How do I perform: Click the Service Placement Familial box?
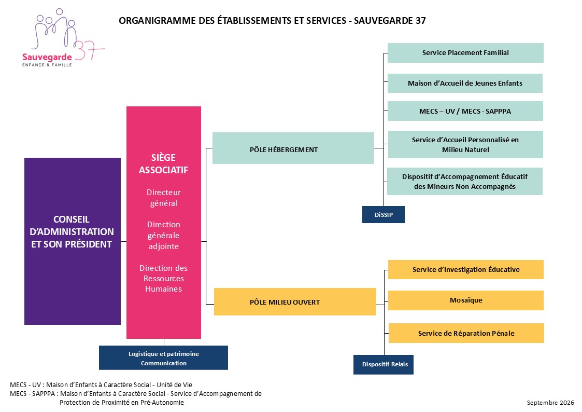[465, 53]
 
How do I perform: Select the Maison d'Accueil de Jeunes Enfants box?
[465, 83]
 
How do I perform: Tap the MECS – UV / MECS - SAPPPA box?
[465, 111]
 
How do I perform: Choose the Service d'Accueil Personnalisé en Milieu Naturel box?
[465, 145]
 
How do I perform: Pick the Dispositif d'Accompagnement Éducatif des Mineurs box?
[465, 181]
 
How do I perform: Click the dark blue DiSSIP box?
[384, 214]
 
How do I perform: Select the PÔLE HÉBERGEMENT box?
[293, 148]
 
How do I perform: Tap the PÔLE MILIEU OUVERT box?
[295, 301]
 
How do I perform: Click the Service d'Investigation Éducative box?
[466, 269]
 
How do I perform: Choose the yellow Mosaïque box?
[466, 300]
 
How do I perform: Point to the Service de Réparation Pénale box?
[466, 333]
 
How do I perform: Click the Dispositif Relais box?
[384, 364]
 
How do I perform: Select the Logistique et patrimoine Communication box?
[163, 358]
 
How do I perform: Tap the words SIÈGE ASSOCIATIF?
[164, 163]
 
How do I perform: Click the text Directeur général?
[164, 198]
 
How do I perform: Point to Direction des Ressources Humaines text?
[164, 278]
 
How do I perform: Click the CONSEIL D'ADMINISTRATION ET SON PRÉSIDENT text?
[72, 232]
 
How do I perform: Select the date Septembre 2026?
[550, 403]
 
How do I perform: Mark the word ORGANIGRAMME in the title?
[157, 20]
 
